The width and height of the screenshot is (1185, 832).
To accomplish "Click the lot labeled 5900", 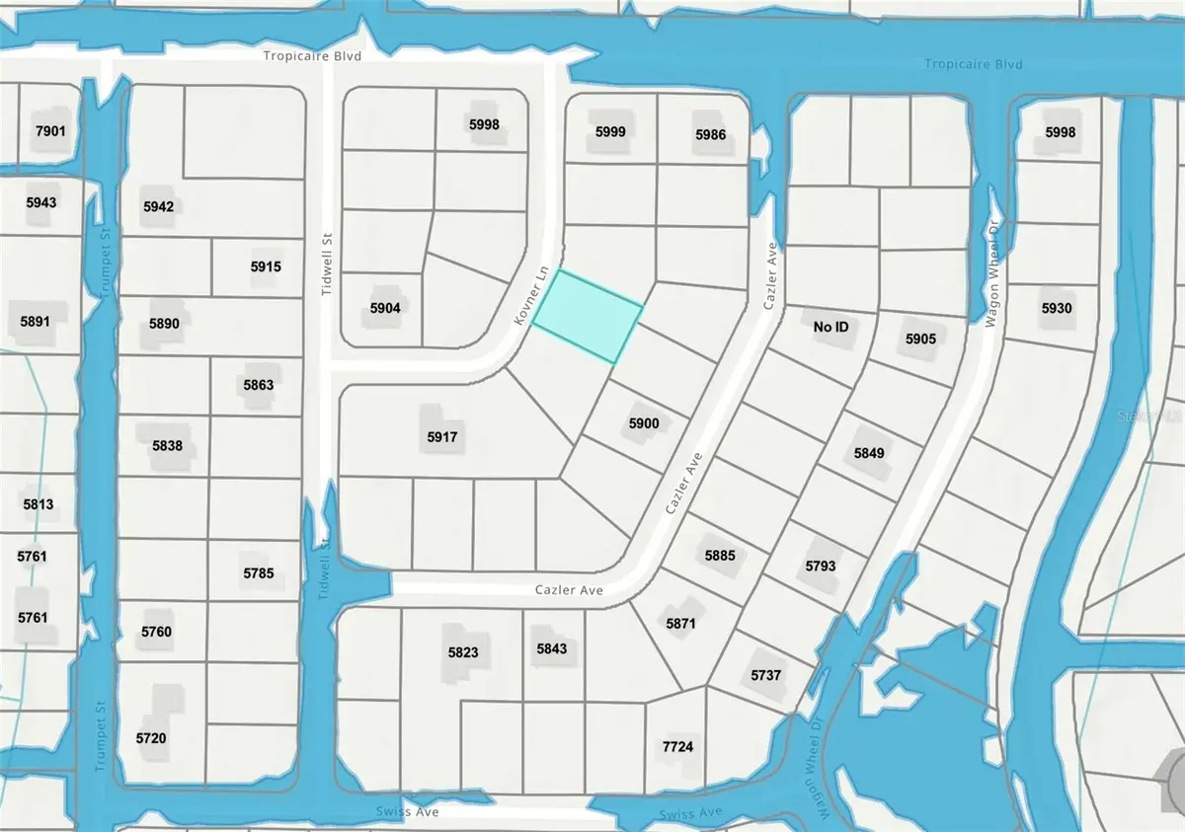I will (643, 423).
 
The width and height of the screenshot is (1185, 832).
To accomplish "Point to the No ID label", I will (830, 326).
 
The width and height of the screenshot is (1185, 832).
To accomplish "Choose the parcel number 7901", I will (49, 131).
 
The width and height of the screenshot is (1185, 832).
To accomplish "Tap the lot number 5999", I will (610, 131).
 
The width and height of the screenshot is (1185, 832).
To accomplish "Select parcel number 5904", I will (384, 308).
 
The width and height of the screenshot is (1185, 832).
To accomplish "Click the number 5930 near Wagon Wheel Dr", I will (1056, 309).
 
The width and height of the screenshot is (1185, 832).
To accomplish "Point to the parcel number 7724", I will (678, 746).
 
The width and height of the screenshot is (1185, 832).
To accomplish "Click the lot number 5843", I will (552, 648).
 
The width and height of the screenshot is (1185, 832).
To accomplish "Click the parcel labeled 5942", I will (158, 206).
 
